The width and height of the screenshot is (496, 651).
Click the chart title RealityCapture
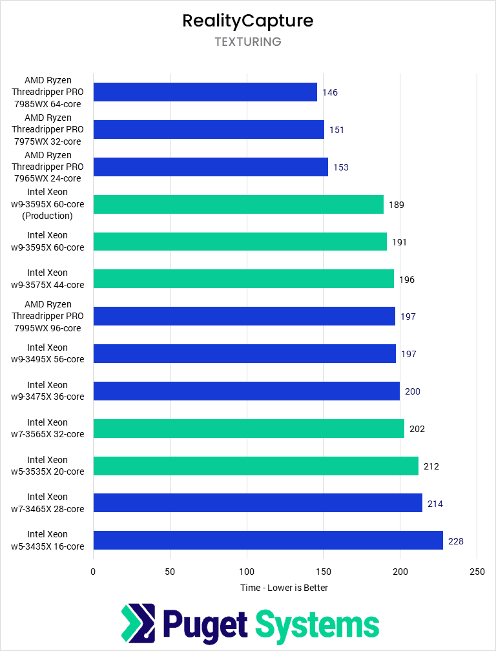click(x=248, y=21)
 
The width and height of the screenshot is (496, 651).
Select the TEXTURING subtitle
click(x=248, y=42)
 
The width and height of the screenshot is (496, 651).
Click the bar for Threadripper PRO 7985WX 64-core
click(x=205, y=92)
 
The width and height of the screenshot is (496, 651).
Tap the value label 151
click(x=336, y=130)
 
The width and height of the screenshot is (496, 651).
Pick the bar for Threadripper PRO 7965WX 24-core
click(x=211, y=167)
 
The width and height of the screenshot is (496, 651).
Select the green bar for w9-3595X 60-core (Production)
click(x=238, y=205)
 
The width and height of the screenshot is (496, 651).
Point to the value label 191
click(x=398, y=242)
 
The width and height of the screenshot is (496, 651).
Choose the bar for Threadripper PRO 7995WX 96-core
click(x=244, y=316)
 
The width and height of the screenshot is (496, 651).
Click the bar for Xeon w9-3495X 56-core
click(x=244, y=354)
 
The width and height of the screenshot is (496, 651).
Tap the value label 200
click(x=413, y=391)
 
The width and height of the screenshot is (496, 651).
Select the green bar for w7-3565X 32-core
click(x=249, y=429)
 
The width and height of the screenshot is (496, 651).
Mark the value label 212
click(x=431, y=466)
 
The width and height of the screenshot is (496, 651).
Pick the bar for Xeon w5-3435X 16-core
click(x=268, y=541)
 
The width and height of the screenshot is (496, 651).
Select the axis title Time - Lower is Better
click(x=284, y=588)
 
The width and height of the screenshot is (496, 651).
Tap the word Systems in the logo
click(x=317, y=625)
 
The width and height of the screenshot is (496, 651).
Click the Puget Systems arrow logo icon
click(x=138, y=625)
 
